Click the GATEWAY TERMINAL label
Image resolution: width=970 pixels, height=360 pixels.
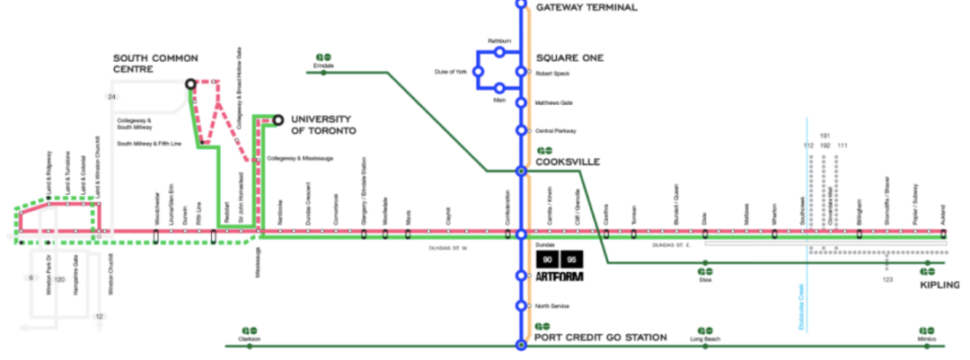coord(586,8)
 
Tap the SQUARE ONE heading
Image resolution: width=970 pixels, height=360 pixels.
coord(569,58)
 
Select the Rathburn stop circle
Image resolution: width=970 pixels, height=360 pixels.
coord(499,51)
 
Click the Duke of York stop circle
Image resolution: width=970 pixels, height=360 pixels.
coord(479,71)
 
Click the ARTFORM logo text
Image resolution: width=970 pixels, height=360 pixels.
coord(560,277)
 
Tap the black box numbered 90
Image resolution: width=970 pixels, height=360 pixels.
coord(546,259)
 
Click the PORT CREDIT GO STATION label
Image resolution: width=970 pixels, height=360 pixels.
coord(601,338)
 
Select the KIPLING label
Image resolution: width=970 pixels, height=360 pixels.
coord(939,285)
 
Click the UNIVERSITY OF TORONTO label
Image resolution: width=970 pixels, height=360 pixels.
coord(324,124)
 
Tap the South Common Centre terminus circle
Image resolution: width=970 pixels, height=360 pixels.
coord(190,84)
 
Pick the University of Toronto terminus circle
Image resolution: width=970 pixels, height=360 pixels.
coord(278,119)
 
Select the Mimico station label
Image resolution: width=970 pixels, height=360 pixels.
coord(927,339)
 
